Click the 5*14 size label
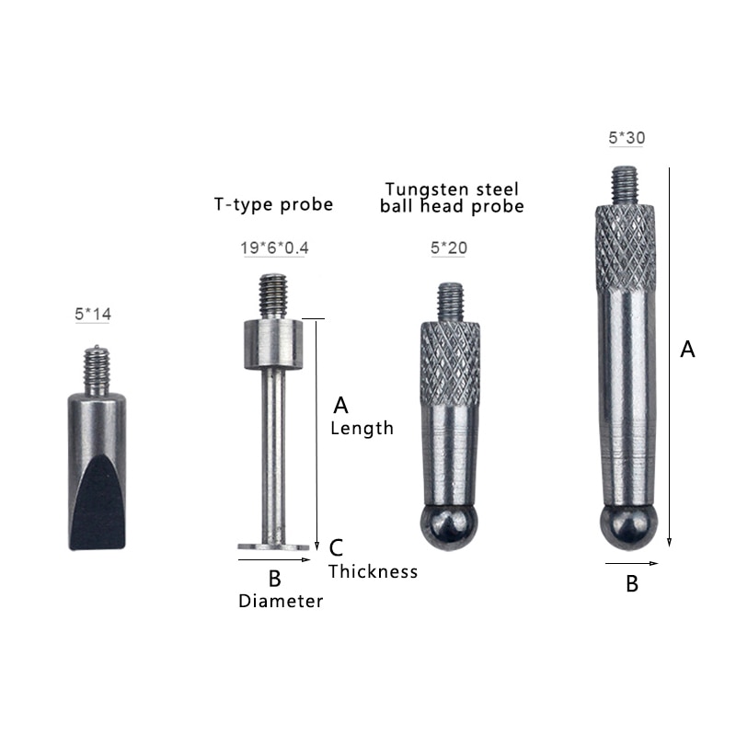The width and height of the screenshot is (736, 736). [x=93, y=315]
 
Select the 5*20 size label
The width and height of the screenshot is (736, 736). [x=450, y=249]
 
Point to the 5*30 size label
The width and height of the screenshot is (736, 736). [x=627, y=138]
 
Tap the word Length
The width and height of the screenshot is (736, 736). [x=362, y=428]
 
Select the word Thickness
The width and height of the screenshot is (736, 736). [x=374, y=571]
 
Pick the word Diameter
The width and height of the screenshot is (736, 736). [x=281, y=602]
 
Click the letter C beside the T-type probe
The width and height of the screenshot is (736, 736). [x=337, y=547]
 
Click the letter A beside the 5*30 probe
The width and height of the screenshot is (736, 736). [x=686, y=350]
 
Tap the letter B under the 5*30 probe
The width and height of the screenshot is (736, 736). [x=632, y=583]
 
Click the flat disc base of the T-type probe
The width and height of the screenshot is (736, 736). [x=274, y=546]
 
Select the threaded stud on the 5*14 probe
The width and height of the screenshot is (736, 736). [x=95, y=365]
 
